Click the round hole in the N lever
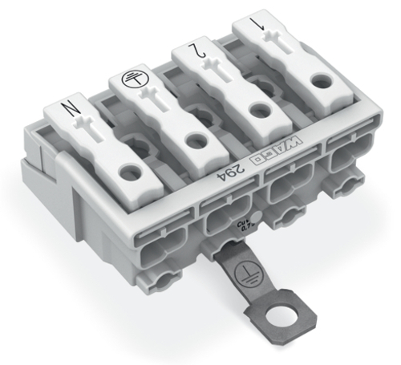(x=128, y=171)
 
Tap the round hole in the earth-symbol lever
(x=192, y=141)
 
